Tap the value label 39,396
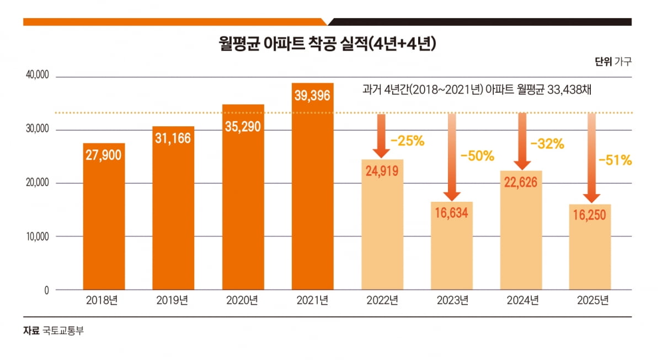coord(312,95)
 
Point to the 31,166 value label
coord(173,138)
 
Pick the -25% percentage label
coord(407,141)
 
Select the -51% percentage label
coord(615,161)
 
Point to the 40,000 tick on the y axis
coord(38,76)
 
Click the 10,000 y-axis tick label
coord(38,237)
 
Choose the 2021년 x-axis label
coord(312,301)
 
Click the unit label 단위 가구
coord(613,62)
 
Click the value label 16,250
coord(591,216)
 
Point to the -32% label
coord(547,144)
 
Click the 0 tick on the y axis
coord(46,289)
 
